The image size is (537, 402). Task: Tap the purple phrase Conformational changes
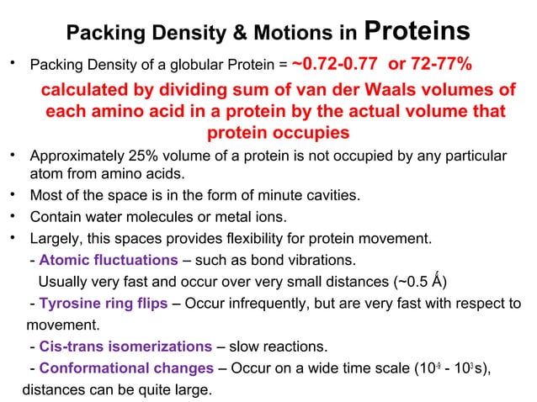click(x=126, y=368)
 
